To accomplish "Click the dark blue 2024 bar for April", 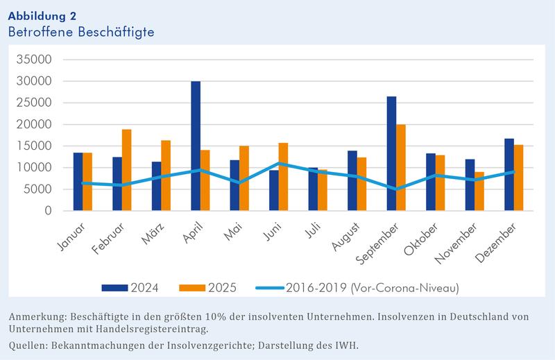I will (196, 146).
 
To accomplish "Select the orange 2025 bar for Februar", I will (126, 170).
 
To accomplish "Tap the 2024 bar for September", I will (391, 153).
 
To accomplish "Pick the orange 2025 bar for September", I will (401, 167).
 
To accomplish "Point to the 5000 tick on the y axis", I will (37, 189).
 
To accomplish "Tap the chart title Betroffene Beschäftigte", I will (80, 32).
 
